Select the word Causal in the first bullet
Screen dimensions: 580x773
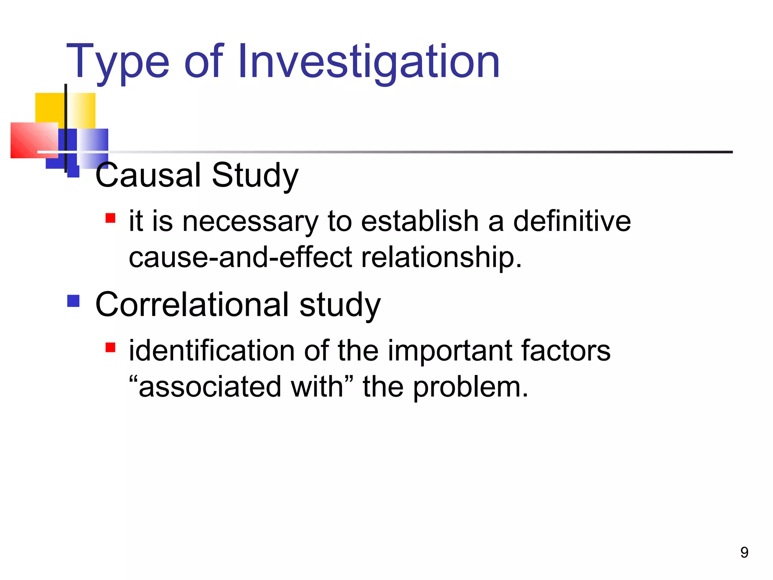pyautogui.click(x=149, y=175)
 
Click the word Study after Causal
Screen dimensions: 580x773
pyautogui.click(x=255, y=175)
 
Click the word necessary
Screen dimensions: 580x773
pyautogui.click(x=250, y=221)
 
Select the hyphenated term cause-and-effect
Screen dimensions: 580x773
pyautogui.click(x=240, y=257)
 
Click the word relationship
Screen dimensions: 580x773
pyautogui.click(x=441, y=257)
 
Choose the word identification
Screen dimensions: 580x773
pyautogui.click(x=212, y=350)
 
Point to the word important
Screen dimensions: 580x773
pyautogui.click(x=450, y=350)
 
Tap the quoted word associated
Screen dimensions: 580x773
pyautogui.click(x=210, y=387)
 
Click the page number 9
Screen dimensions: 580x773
pyautogui.click(x=744, y=552)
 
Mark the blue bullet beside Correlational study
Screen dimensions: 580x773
pyautogui.click(x=74, y=301)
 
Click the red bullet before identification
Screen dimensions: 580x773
pyautogui.click(x=110, y=347)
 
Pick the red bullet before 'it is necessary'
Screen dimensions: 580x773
pyautogui.click(x=110, y=218)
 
